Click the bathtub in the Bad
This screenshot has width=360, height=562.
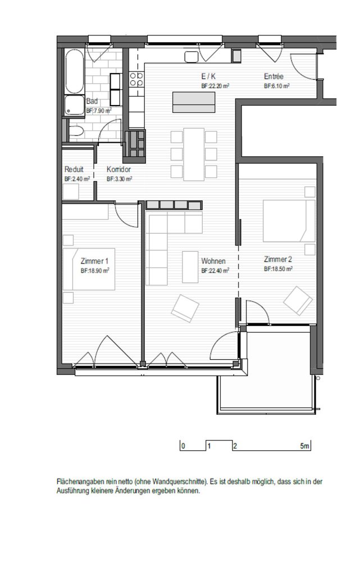coord(75,71)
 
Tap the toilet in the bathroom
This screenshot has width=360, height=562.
coord(75,132)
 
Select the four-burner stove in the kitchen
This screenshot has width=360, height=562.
coord(136,80)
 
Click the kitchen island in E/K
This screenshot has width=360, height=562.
coord(194,102)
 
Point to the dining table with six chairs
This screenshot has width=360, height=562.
coord(194,155)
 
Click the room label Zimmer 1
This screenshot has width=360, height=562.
coord(94,261)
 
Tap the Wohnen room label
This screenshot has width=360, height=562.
coord(213,261)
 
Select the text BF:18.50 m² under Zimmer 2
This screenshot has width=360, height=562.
coord(278,269)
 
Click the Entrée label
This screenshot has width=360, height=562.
coord(274,76)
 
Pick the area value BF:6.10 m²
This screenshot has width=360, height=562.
coord(276,86)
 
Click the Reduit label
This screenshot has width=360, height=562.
coord(74,169)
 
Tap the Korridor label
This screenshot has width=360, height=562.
coord(119,169)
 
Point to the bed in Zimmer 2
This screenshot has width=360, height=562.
coord(289,221)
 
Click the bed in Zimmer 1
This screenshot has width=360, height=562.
coord(89,269)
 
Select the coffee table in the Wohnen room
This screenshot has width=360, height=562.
coord(190,267)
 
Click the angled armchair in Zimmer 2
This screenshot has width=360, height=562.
coord(298,301)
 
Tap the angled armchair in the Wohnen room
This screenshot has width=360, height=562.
coord(185,308)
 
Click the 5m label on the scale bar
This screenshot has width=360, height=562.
coord(304,446)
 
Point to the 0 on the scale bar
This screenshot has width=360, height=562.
coord(184,447)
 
